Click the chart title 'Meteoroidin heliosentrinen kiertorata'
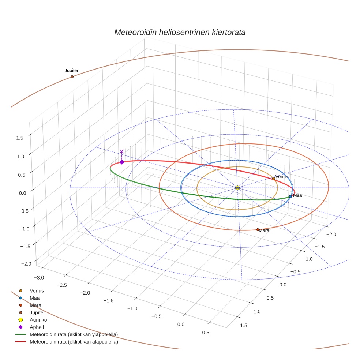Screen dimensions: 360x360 click(x=180, y=32)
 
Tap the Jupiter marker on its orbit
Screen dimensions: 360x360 click(x=72, y=76)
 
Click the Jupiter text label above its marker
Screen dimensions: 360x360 click(x=72, y=70)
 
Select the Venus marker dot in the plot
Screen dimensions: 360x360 click(x=273, y=179)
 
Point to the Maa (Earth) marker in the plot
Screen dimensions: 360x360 click(x=290, y=196)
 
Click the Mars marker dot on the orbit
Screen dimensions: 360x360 click(x=258, y=230)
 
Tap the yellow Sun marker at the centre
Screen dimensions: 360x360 click(x=237, y=188)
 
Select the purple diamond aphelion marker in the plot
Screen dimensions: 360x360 click(x=122, y=162)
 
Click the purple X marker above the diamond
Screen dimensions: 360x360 click(x=122, y=151)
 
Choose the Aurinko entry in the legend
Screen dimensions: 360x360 click(x=38, y=320)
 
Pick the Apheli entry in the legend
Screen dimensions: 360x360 click(x=37, y=327)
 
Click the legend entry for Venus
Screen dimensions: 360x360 click(x=37, y=290)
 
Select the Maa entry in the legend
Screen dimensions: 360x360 click(x=35, y=298)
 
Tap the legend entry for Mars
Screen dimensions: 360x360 click(x=35, y=305)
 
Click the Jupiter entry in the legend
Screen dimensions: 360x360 click(x=38, y=312)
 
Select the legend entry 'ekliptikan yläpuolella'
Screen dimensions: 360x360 click(x=74, y=334)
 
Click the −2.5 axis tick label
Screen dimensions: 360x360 click(x=62, y=285)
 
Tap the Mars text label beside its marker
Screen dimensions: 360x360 click(x=264, y=230)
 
